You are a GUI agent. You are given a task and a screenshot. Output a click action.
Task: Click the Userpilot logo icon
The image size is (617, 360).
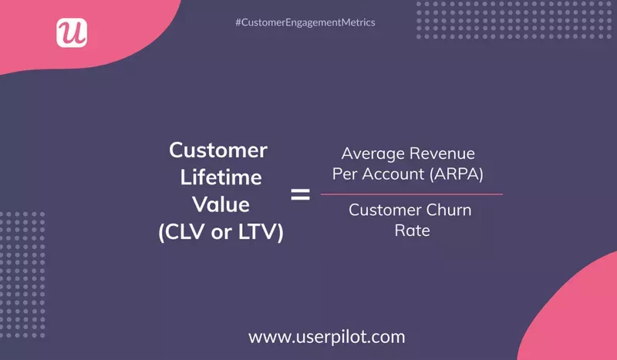coord(72,33)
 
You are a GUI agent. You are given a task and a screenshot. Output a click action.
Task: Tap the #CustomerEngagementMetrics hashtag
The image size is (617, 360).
coord(305,23)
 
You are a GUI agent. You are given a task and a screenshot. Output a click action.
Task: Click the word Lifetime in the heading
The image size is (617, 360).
coord(221,177)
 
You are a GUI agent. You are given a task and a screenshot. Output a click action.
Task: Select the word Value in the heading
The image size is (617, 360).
coord(221,205)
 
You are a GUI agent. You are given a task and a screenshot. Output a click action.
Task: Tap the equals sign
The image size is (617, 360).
coord(300,194)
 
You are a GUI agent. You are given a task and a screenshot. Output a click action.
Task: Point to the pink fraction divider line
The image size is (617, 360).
coord(411,193)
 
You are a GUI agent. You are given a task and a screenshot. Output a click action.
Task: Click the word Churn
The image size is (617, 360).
coord(449,210)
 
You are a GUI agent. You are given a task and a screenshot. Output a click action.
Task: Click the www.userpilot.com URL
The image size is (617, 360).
coord(326,336)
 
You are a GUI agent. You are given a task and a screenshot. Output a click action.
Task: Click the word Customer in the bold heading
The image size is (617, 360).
coord(218,149)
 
